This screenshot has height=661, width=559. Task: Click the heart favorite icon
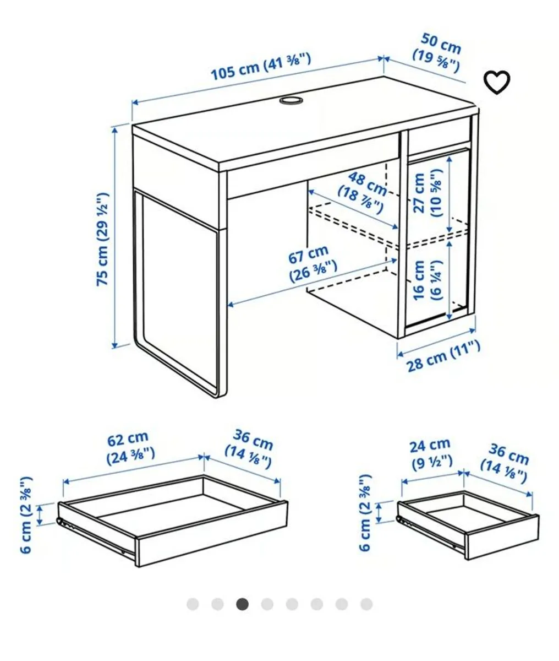click(496, 82)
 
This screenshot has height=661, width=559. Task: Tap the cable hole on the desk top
click(291, 100)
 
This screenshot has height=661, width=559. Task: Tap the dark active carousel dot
click(243, 604)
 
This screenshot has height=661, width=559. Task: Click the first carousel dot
click(193, 604)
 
